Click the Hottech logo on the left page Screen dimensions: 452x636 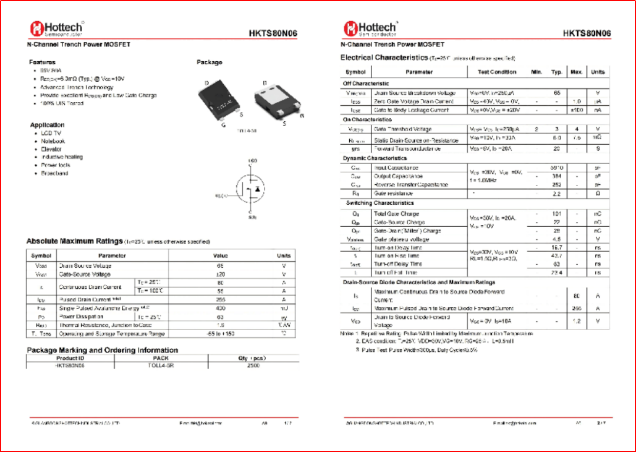57,28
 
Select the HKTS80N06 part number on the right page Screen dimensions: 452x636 587,33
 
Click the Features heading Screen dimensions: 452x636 42,62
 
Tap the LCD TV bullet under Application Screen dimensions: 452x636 51,133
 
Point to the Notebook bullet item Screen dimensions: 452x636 53,141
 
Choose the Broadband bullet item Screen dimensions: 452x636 55,174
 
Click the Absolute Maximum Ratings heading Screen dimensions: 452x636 74,241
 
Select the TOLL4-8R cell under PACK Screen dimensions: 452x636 161,365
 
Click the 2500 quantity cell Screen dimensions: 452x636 254,365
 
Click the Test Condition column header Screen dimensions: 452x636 497,72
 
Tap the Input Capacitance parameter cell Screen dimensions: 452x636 396,168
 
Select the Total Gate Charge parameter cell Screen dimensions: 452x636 396,214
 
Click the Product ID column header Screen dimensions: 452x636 70,358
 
